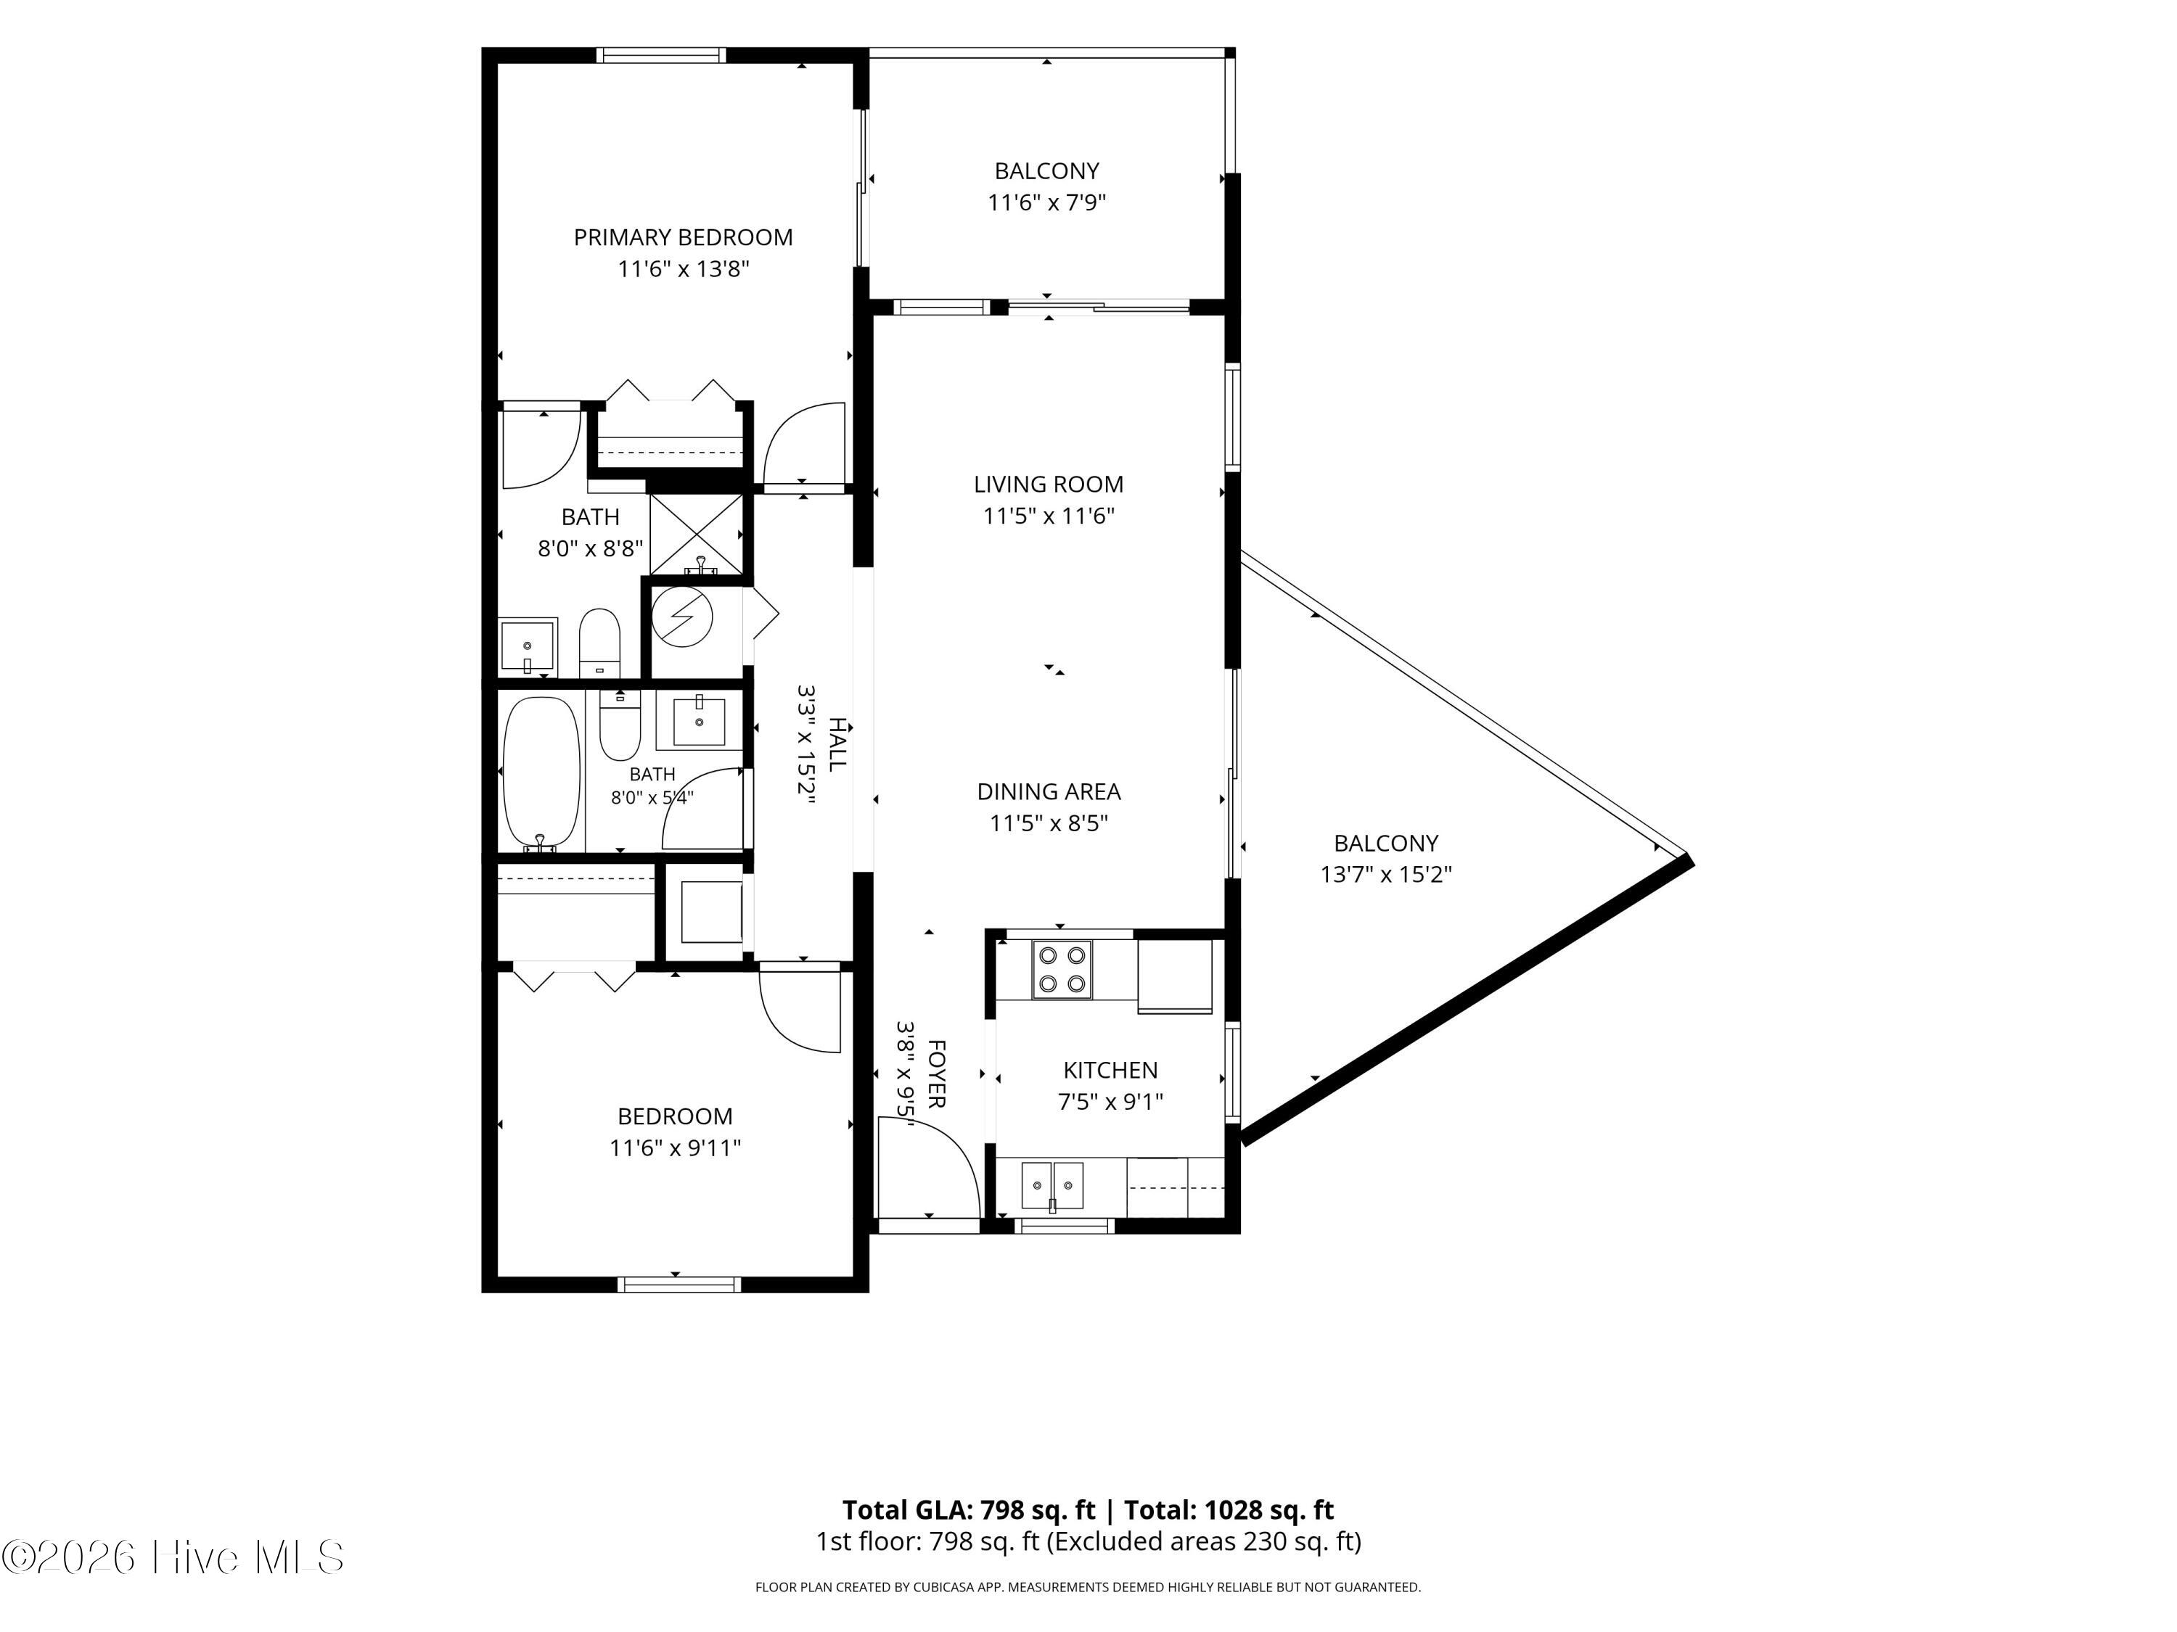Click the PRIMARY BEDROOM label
683,237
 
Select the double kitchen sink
1052,1184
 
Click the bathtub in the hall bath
541,773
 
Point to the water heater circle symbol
683,617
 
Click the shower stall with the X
697,534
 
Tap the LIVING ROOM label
1048,484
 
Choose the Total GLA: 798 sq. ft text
969,1510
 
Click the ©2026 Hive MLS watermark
173,1557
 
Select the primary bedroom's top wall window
663,55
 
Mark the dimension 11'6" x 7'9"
1047,202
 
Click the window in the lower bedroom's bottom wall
679,1284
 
